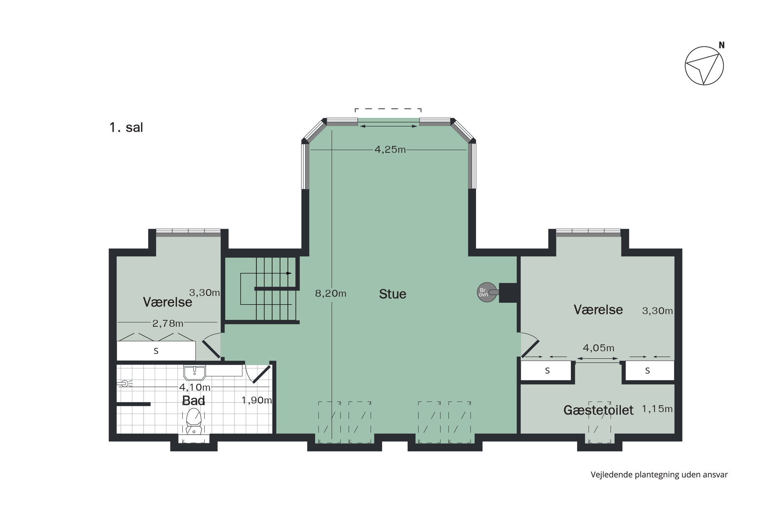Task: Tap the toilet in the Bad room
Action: pyautogui.click(x=194, y=421)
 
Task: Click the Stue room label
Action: pyautogui.click(x=392, y=294)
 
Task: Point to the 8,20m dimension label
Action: pyautogui.click(x=330, y=294)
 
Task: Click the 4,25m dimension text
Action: pyautogui.click(x=390, y=150)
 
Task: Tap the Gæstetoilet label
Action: pyautogui.click(x=598, y=410)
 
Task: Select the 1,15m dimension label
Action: pyautogui.click(x=657, y=409)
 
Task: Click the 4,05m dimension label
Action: pyautogui.click(x=598, y=348)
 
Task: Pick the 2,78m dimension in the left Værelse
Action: pyautogui.click(x=168, y=324)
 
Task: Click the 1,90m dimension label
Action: pyautogui.click(x=256, y=400)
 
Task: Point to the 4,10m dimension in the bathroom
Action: pyautogui.click(x=195, y=387)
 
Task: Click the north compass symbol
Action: pyautogui.click(x=704, y=66)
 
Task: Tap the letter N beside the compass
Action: pyautogui.click(x=722, y=45)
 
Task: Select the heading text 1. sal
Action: pyautogui.click(x=126, y=127)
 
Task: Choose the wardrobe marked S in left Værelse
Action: pyautogui.click(x=156, y=351)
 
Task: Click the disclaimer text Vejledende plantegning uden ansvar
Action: pyautogui.click(x=659, y=474)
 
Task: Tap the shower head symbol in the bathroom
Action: pyautogui.click(x=125, y=383)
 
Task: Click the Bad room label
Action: pyautogui.click(x=194, y=400)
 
